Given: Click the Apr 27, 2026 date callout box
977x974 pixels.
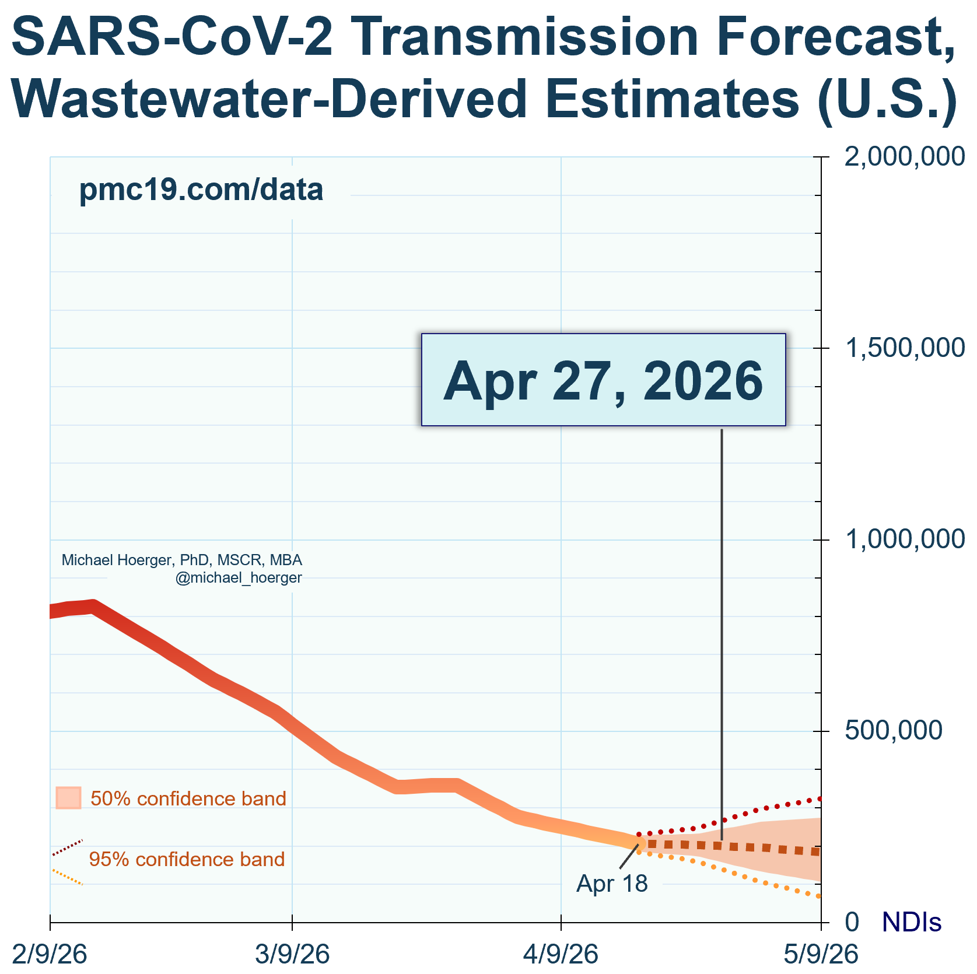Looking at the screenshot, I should pyautogui.click(x=603, y=380).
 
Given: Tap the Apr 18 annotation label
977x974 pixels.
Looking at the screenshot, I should pyautogui.click(x=612, y=884).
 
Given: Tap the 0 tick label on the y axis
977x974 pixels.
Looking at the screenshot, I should pyautogui.click(x=852, y=922).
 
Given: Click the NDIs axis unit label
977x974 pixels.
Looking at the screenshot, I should pyautogui.click(x=912, y=922).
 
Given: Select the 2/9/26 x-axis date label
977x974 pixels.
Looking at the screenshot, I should pyautogui.click(x=50, y=955).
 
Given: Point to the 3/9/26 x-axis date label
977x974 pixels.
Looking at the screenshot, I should pyautogui.click(x=292, y=955).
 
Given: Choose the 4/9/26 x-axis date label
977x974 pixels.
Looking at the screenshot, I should pyautogui.click(x=561, y=955).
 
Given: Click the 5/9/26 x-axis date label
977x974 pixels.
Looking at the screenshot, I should pyautogui.click(x=821, y=955).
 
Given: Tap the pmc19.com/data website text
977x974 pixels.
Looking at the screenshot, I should pyautogui.click(x=201, y=190).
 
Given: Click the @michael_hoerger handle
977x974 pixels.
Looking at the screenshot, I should pyautogui.click(x=239, y=578).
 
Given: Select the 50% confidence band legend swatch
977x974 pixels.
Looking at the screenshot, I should pyautogui.click(x=68, y=798).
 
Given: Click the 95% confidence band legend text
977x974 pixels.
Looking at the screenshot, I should pyautogui.click(x=187, y=859).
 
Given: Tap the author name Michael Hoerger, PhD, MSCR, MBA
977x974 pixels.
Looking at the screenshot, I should pyautogui.click(x=182, y=560).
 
